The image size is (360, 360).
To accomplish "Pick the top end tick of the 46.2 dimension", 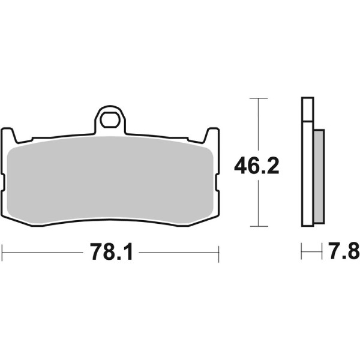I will (258, 98).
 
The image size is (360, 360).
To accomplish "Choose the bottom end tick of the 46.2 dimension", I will (258, 227).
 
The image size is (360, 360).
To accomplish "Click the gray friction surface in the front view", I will (111, 180).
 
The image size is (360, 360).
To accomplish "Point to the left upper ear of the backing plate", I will (9, 135).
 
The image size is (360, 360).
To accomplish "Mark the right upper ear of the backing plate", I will (212, 135).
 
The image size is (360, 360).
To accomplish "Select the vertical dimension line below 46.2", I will (258, 204).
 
